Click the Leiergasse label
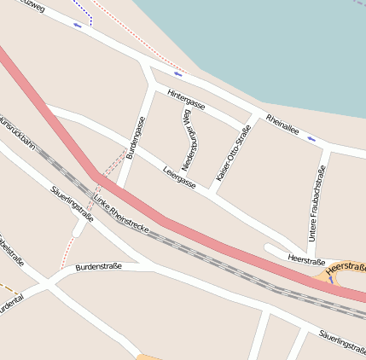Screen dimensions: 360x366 pos(179,177)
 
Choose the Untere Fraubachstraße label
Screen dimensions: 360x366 pos(317,203)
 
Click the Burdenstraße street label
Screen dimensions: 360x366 pos(99,267)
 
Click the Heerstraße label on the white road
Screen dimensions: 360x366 pos(307,258)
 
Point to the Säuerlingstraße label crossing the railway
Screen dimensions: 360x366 pos(72,204)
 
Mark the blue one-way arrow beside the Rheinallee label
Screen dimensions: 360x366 pos(311,137)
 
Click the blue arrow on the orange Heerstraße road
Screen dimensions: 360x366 pos(330,278)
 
